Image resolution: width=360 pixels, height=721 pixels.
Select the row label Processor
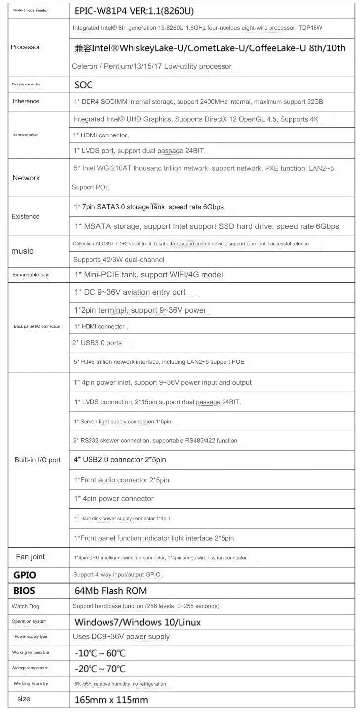click(x=25, y=47)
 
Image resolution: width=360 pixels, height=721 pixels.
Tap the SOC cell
click(x=83, y=85)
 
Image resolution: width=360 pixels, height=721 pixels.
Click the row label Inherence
click(x=26, y=101)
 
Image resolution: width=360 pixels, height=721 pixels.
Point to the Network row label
click(x=26, y=178)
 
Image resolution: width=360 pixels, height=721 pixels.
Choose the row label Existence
click(x=25, y=216)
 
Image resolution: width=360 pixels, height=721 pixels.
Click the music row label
click(x=22, y=251)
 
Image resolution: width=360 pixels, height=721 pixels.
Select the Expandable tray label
click(x=31, y=274)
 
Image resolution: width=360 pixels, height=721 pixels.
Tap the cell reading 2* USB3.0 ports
click(x=97, y=343)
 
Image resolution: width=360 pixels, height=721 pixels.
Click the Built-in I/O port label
click(x=38, y=460)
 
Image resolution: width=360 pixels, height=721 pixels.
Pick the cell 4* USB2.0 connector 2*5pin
click(x=120, y=460)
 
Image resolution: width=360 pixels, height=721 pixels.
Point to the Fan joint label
click(x=30, y=557)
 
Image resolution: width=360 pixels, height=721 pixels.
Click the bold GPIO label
click(x=25, y=575)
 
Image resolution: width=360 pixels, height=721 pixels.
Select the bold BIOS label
click(x=24, y=590)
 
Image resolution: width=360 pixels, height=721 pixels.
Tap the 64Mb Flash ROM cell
click(x=110, y=590)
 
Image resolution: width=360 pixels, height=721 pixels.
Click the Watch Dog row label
click(x=25, y=606)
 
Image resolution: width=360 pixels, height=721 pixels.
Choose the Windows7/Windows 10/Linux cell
click(x=137, y=622)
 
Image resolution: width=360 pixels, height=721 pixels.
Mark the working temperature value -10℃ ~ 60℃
click(x=100, y=653)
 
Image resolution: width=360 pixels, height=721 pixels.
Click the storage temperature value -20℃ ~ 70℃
click(x=100, y=669)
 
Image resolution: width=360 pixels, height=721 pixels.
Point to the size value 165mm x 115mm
click(x=111, y=700)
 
